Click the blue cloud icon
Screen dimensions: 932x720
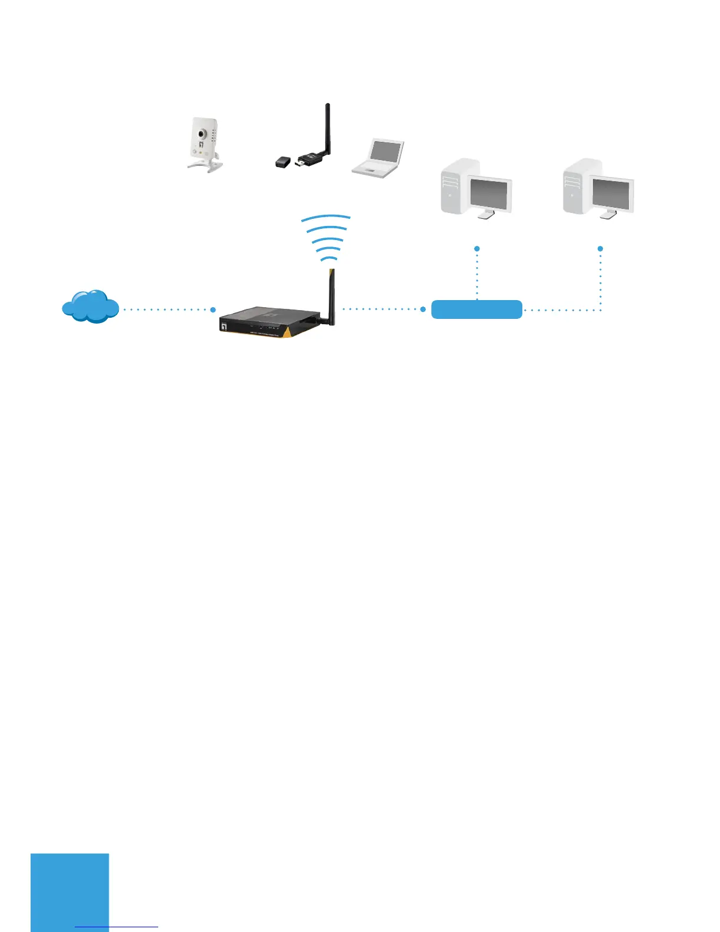coord(90,307)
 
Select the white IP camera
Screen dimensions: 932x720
coord(204,145)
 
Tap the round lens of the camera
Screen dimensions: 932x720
coord(201,134)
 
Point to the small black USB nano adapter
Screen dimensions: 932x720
coord(284,161)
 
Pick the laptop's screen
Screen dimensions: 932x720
coord(386,152)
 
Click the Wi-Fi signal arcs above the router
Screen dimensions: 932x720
coord(326,238)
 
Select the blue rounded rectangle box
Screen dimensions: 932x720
coord(476,309)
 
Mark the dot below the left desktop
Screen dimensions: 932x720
coord(477,249)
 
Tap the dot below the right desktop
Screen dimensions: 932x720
coord(600,249)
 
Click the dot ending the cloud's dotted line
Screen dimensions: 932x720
coord(213,309)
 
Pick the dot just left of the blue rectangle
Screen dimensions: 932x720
coord(423,309)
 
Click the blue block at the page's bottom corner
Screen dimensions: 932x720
coord(70,891)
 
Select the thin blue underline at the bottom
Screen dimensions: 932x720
coord(116,927)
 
